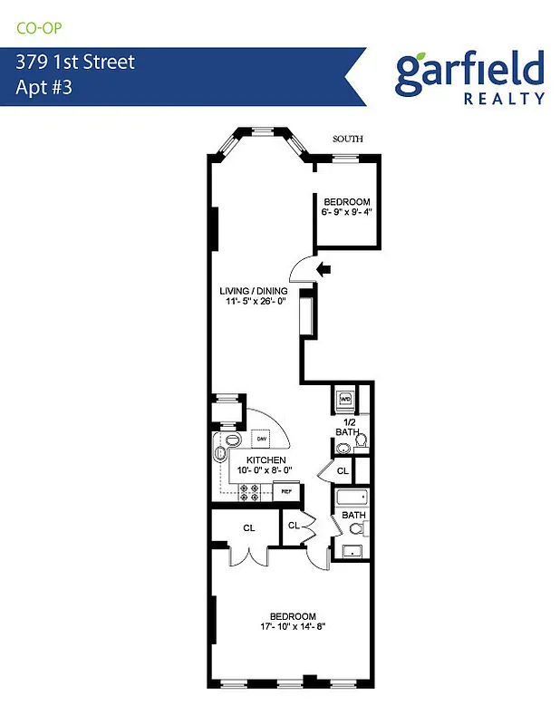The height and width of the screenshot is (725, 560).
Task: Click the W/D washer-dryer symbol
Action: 345,398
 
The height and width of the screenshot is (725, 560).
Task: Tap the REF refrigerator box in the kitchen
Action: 287,492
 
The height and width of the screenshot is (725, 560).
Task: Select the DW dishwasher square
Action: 261,439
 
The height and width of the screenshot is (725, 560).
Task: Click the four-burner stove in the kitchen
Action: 248,492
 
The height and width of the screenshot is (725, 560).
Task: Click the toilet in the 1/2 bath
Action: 361,441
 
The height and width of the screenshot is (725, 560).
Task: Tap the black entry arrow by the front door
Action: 323,267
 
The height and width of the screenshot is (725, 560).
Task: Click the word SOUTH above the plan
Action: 348,139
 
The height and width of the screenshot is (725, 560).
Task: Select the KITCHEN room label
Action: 262,460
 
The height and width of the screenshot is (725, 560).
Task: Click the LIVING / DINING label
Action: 254,291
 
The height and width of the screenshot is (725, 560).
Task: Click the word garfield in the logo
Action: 469,72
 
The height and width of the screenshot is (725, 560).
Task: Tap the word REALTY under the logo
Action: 504,98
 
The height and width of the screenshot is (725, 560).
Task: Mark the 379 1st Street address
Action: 75,63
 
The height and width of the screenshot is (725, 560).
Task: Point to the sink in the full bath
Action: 352,550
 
